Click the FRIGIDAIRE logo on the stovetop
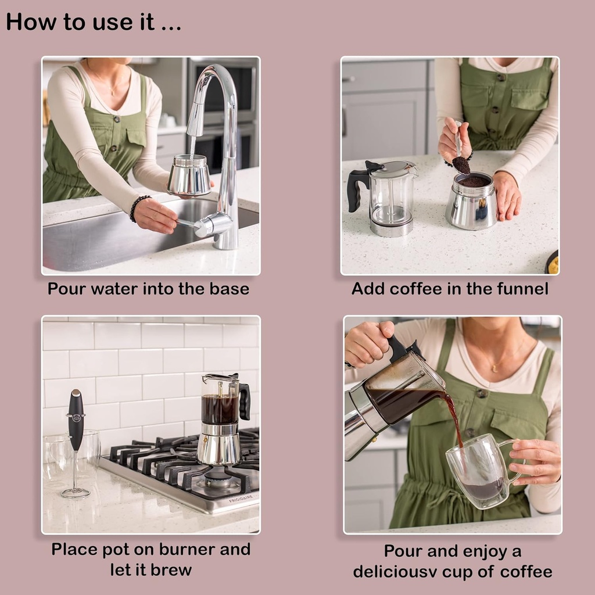(x=241, y=499)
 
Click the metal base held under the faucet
(x=189, y=176)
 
